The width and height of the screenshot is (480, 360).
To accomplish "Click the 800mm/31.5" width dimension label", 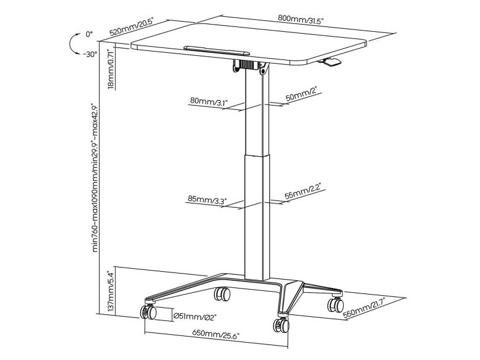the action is pyautogui.click(x=301, y=19).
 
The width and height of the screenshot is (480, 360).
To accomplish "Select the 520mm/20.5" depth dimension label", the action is pyautogui.click(x=131, y=27).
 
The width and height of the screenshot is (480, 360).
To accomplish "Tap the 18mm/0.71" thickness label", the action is pyautogui.click(x=112, y=69).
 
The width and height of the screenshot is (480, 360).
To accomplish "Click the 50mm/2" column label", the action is pyautogui.click(x=302, y=94).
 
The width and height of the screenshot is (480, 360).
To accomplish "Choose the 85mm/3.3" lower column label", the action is pyautogui.click(x=207, y=200).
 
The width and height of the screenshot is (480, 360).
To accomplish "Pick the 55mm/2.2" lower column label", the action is pyautogui.click(x=303, y=191).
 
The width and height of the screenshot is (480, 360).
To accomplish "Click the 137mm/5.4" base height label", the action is pyautogui.click(x=111, y=290).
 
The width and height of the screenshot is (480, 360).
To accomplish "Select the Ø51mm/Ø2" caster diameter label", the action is pyautogui.click(x=194, y=316).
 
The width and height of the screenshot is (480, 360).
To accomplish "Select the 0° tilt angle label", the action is pyautogui.click(x=89, y=34).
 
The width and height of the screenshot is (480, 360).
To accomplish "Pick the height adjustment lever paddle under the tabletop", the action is pyautogui.click(x=329, y=61).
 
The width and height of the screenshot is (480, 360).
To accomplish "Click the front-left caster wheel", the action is pyautogui.click(x=148, y=312).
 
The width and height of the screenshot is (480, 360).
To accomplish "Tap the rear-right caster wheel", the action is pyautogui.click(x=336, y=304).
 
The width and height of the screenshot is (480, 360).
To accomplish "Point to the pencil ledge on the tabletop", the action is pyautogui.click(x=217, y=51).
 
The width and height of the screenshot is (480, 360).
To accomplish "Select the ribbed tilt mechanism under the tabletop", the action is pyautogui.click(x=247, y=65).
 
